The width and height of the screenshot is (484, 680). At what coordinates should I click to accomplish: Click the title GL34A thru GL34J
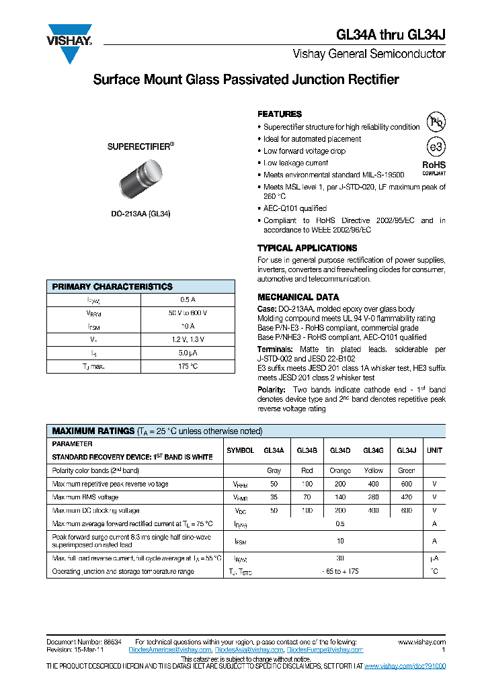(x=390, y=35)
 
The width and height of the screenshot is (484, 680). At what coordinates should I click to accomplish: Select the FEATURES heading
(x=280, y=114)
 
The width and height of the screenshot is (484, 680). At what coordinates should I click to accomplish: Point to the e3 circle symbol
(x=436, y=146)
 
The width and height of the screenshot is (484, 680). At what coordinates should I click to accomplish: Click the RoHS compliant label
(x=434, y=167)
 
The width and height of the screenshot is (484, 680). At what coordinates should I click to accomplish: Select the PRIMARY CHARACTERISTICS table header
(x=112, y=286)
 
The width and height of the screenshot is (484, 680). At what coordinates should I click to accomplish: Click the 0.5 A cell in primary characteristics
(x=188, y=300)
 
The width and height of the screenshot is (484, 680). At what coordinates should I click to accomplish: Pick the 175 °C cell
(x=188, y=366)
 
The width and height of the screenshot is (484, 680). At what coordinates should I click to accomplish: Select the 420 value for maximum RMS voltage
(x=406, y=497)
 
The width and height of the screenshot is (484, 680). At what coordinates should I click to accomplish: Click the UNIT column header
(x=434, y=451)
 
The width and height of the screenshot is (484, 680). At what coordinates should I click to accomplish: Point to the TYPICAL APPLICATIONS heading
(x=307, y=248)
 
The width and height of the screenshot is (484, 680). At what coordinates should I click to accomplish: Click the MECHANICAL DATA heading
(x=298, y=297)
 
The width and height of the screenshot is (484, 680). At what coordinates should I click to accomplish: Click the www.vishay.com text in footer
(x=421, y=642)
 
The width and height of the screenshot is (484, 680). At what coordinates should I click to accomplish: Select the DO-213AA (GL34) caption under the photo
(x=140, y=214)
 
